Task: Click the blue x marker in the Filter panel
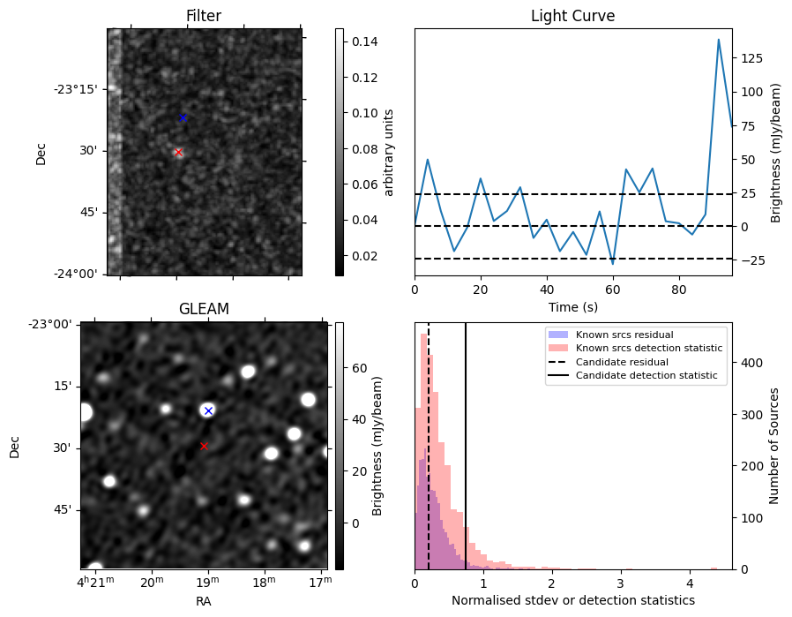click(183, 117)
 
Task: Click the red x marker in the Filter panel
click(178, 152)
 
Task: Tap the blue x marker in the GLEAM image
click(208, 410)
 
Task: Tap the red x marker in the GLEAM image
click(204, 446)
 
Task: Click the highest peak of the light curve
click(719, 40)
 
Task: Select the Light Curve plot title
click(572, 16)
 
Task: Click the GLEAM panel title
click(204, 309)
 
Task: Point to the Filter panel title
click(204, 16)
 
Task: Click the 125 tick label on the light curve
click(751, 58)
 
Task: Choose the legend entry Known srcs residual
click(624, 335)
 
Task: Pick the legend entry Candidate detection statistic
click(646, 376)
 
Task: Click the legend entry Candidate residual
click(622, 362)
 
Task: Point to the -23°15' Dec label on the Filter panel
click(75, 89)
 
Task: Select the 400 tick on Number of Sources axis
click(750, 362)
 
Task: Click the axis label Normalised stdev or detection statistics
click(572, 600)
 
